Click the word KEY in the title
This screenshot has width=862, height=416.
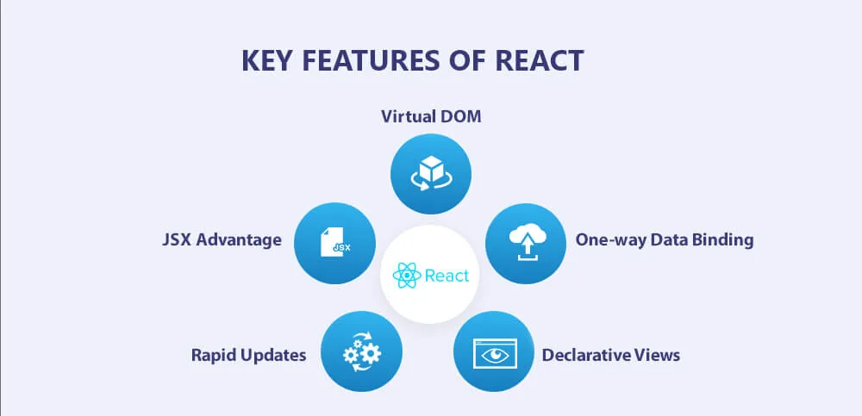[268, 61]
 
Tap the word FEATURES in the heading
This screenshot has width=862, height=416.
[371, 61]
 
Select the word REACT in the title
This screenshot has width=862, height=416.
[540, 61]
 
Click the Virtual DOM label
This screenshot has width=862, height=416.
[431, 117]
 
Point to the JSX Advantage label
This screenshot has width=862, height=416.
[222, 240]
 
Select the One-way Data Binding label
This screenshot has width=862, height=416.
[665, 240]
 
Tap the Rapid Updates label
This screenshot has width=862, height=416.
[248, 355]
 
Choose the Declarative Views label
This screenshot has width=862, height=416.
[611, 355]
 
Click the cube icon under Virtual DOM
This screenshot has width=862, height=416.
[430, 173]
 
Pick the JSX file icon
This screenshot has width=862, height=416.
[335, 244]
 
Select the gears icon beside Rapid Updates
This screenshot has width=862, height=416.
[362, 351]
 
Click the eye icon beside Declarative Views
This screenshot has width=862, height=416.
[495, 353]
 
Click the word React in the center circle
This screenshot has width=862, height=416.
[447, 276]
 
